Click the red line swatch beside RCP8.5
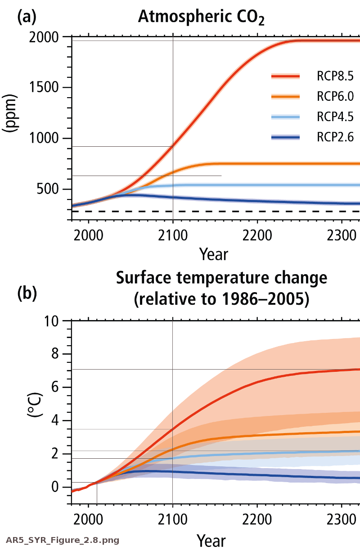click(286, 77)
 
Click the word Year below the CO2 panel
click(214, 254)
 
